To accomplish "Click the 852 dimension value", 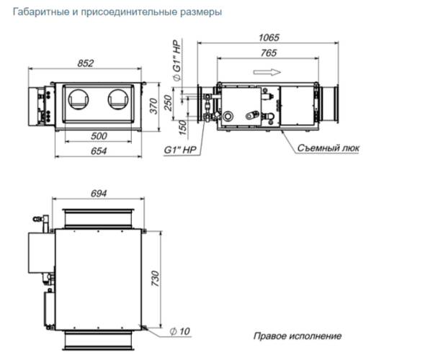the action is pos(85,63).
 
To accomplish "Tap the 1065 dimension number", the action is pos(269,37).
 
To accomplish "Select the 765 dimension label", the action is pos(269,53).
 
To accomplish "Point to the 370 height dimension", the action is pos(154,106).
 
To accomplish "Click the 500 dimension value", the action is pos(99,136).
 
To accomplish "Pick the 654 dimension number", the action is pos(99,151).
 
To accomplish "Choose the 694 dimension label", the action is pos(99,194).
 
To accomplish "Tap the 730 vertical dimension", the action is pos(156,279).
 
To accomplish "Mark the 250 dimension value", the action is pos(168,103).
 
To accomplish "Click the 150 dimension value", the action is pos(183,127).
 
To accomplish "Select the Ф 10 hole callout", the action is pos(180,331).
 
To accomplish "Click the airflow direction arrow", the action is pos(267,72).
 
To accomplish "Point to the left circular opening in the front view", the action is pos(79,99).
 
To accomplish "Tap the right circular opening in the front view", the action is pos(118,99).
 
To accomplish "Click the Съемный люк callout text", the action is pos(328,148).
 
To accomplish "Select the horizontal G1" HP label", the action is pos(180,150).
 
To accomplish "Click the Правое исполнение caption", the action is pos(297,336).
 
